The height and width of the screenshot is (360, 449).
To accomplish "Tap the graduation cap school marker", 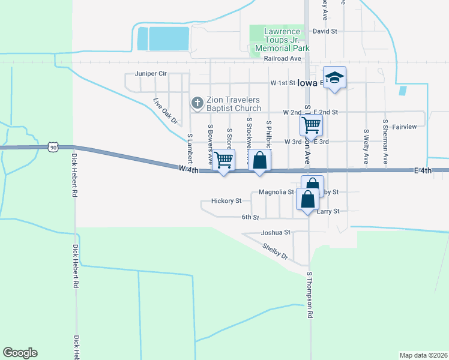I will click(x=335, y=77).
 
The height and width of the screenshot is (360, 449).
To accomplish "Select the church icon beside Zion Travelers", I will click(x=196, y=104).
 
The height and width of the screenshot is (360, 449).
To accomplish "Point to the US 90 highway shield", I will click(x=53, y=146).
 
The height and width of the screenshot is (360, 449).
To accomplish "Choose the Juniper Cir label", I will click(x=151, y=73).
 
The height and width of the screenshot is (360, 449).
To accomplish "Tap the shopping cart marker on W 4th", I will click(x=223, y=160).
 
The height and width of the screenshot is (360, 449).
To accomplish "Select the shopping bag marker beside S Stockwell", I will click(x=259, y=160).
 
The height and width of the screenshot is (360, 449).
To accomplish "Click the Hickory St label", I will click(x=226, y=201).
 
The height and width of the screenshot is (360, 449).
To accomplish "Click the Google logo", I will click(x=20, y=353).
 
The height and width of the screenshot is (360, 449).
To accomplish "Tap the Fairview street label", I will click(x=404, y=127).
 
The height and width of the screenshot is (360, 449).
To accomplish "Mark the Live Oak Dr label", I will click(x=166, y=111).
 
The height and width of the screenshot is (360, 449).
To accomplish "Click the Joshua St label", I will click(x=276, y=232).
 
